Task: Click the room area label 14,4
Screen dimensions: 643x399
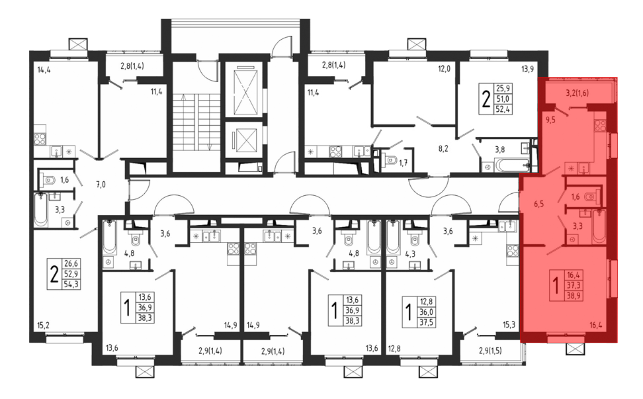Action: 44,70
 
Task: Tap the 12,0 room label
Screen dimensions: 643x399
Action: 444,69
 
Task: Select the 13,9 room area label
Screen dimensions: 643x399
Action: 527,69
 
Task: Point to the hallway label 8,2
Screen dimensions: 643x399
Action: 443,149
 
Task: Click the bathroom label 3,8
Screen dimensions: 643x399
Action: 500,149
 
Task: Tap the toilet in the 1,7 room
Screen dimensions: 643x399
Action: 389,160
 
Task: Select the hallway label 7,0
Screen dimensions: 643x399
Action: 101,184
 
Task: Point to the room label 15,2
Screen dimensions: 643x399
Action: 43,325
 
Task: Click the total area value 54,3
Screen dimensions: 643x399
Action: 71,284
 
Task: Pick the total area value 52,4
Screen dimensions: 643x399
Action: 503,109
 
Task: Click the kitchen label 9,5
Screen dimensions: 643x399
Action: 550,120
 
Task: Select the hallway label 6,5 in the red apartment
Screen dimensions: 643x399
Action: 539,204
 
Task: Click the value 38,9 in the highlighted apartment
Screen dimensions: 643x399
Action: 574,295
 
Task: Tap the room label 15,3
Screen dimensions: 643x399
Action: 509,325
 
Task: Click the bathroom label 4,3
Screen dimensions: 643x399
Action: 410,254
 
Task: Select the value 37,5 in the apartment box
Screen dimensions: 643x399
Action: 426,322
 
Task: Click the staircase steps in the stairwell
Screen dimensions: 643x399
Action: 196,122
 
